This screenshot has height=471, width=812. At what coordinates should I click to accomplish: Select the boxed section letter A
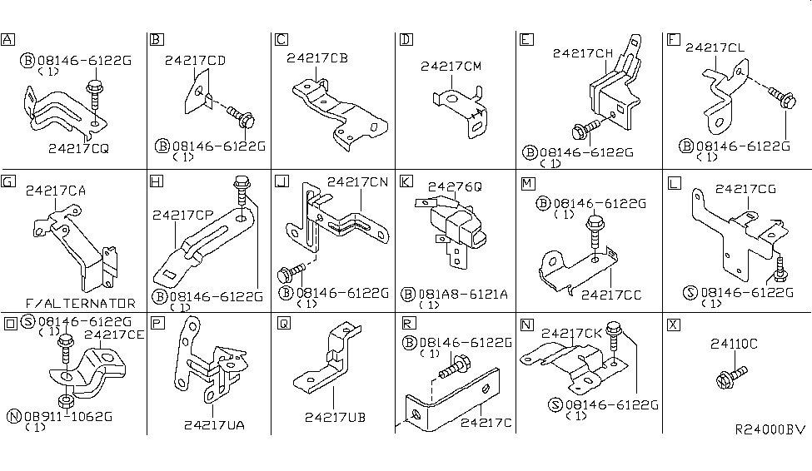point(8,39)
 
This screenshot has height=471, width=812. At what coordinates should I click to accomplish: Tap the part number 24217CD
point(195,60)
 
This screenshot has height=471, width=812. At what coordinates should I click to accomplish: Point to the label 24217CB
point(317,58)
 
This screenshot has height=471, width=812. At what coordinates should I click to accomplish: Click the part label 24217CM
point(452,66)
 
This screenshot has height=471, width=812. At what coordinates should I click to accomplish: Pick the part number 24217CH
point(583,53)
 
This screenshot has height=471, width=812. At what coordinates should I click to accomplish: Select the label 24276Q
point(455,187)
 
